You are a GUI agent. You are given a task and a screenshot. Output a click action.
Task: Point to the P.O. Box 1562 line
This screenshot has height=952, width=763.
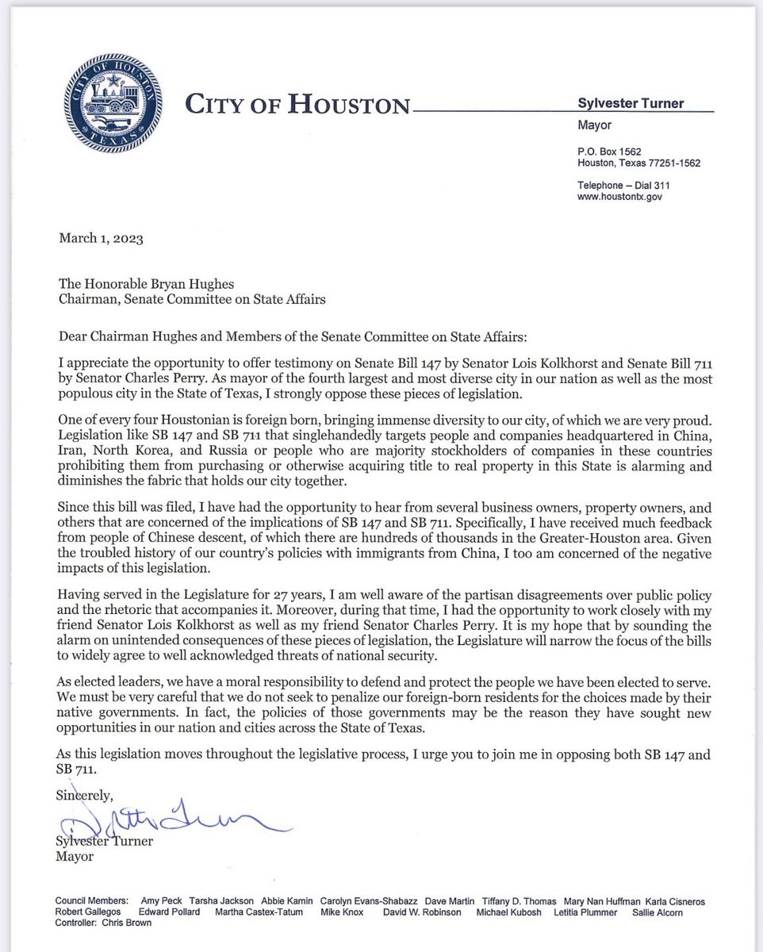coord(609,151)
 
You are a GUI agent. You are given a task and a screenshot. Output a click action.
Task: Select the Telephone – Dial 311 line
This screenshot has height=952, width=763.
coord(626,184)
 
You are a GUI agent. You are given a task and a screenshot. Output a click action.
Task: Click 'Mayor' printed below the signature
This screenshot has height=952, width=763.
coord(74,857)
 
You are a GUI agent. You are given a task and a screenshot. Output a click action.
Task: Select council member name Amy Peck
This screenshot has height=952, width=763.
coord(160,901)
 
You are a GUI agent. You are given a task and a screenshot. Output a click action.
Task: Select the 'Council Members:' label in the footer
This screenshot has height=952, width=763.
coord(90,901)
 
